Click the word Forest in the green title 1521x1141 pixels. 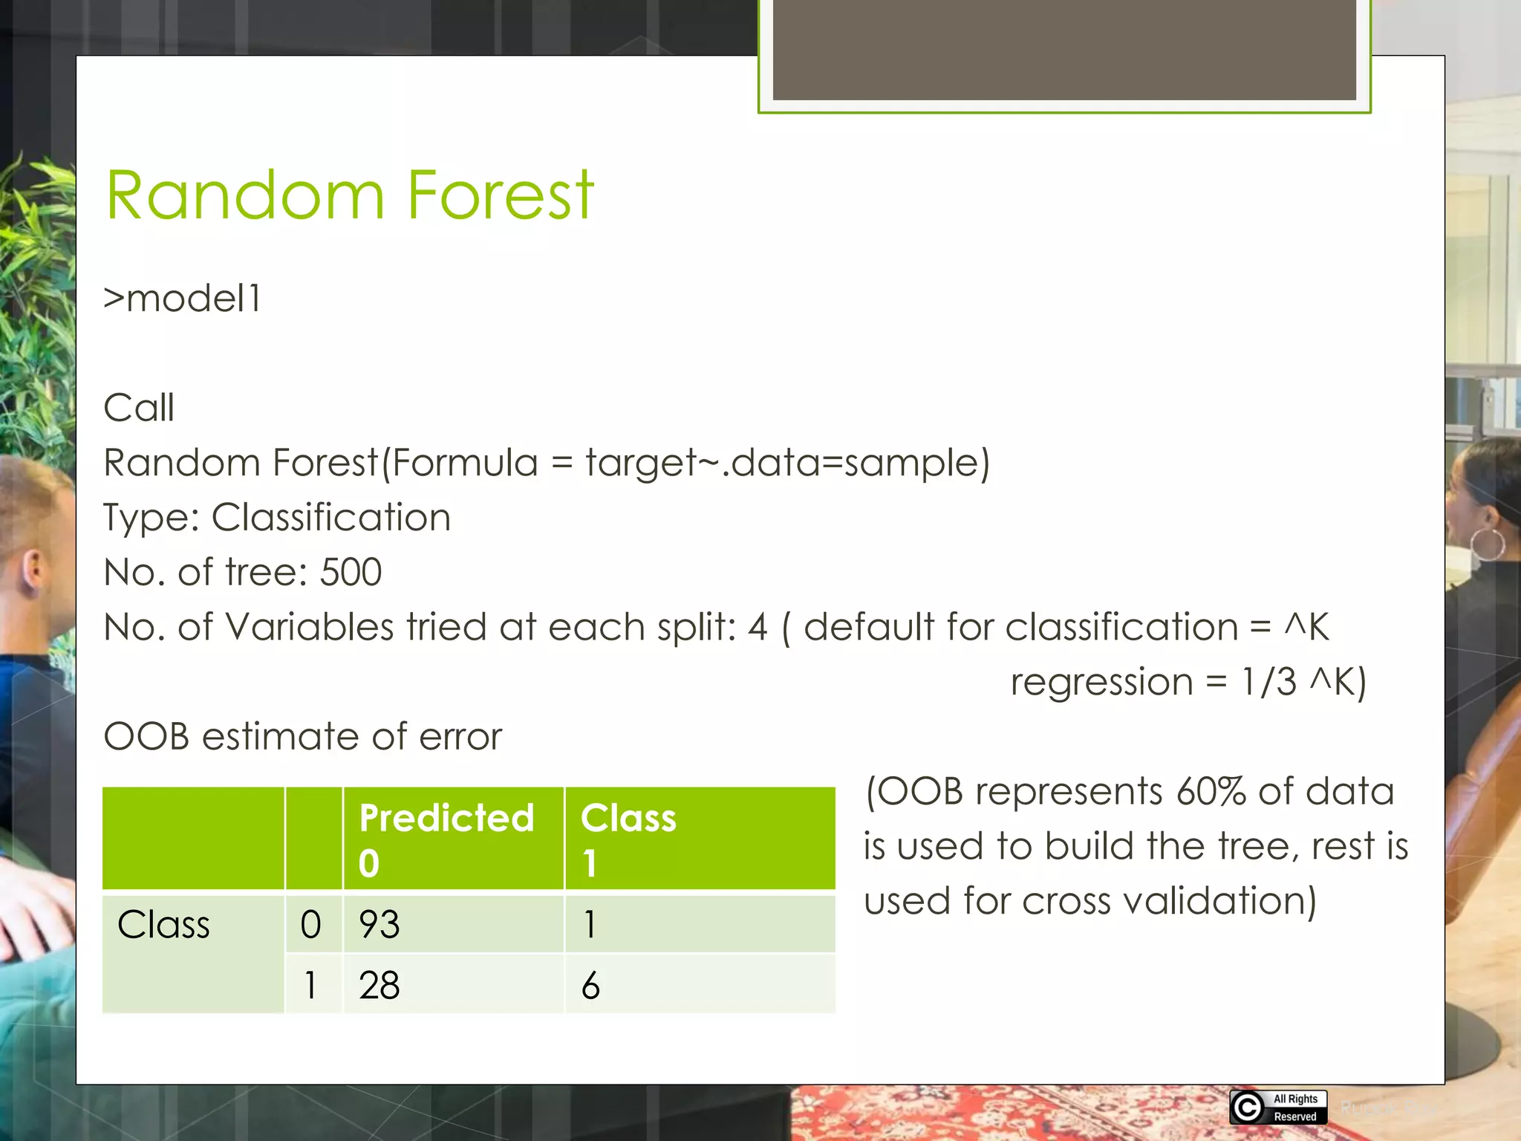501,196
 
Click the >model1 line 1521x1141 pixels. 182,299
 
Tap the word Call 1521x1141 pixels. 139,408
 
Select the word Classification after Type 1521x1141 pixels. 330,517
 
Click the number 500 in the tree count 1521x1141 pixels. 351,572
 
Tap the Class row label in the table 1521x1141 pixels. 163,925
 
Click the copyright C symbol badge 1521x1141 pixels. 1247,1108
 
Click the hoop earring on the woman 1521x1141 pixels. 1488,545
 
